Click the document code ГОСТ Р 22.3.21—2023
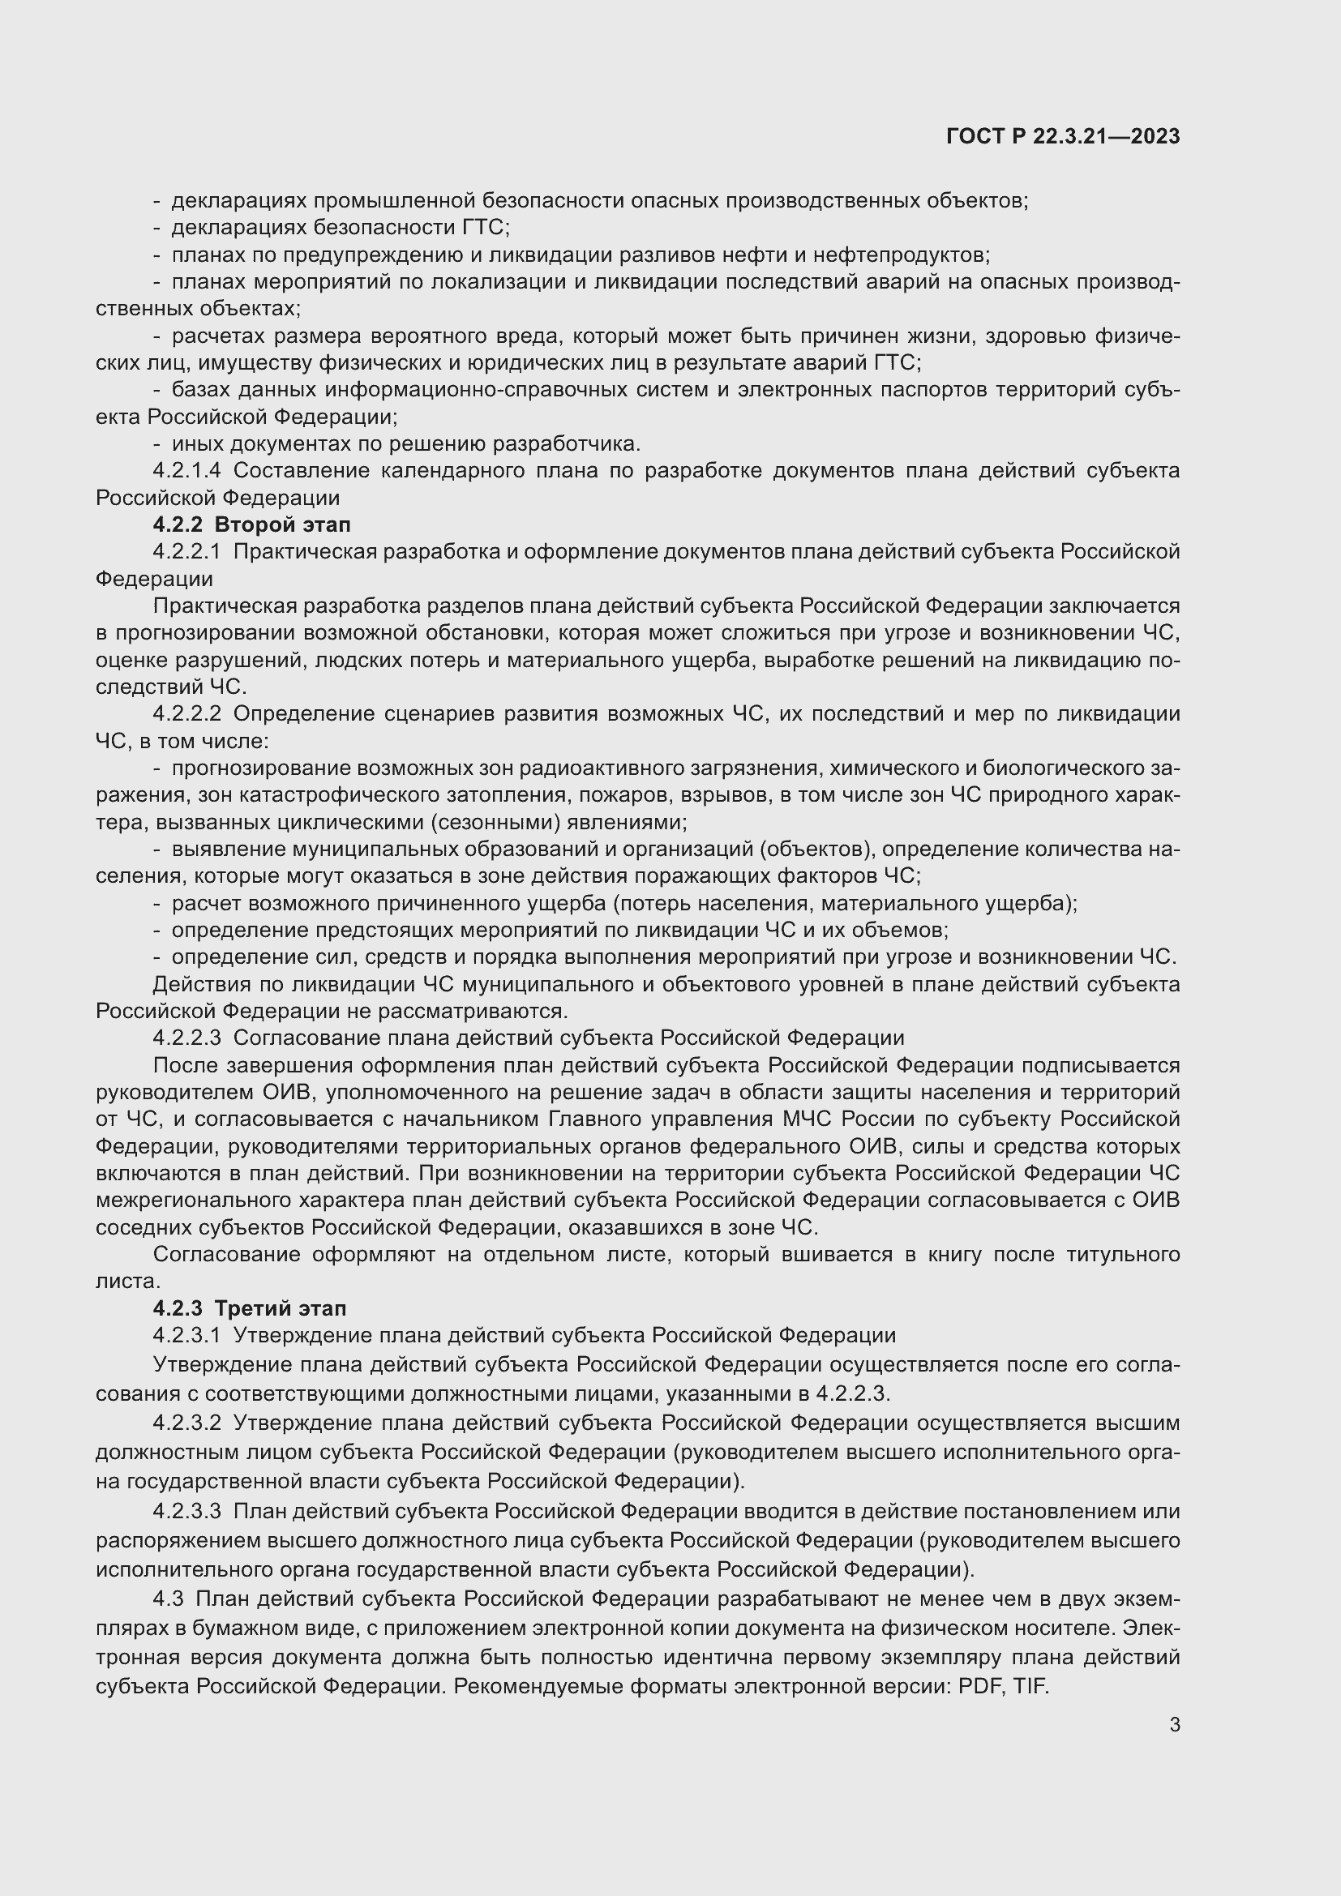click(x=1063, y=136)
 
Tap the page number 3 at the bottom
click(x=1174, y=1724)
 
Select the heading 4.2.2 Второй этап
click(x=252, y=524)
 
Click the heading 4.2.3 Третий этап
click(x=250, y=1308)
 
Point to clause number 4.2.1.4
click(x=186, y=471)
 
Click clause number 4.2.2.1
click(x=186, y=552)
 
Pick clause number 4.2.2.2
click(x=186, y=713)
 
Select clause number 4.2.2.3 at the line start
click(x=186, y=1038)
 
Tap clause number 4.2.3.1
click(x=186, y=1335)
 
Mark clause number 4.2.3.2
click(x=186, y=1423)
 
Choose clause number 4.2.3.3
click(x=186, y=1511)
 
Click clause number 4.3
click(x=168, y=1599)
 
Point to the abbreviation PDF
click(x=979, y=1686)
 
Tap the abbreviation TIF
click(x=1030, y=1686)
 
